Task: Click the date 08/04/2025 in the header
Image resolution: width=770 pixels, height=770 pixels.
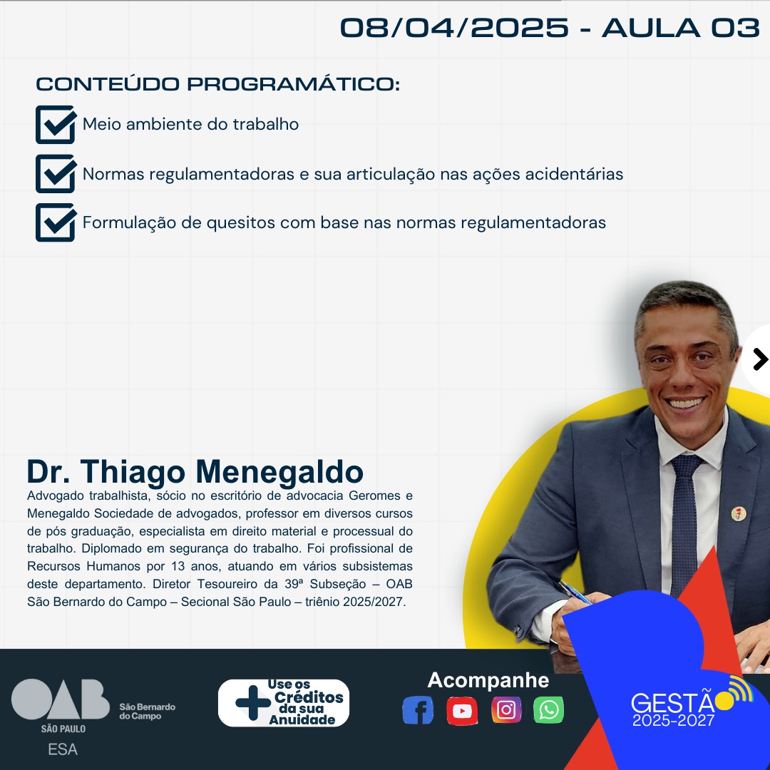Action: click(x=454, y=28)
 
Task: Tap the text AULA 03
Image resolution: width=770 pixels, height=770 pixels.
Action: click(x=681, y=28)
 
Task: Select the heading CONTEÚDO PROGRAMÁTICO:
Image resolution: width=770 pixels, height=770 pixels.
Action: click(x=218, y=84)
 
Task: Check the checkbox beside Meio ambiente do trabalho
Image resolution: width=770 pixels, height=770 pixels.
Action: click(x=56, y=125)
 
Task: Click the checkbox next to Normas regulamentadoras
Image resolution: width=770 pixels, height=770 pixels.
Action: click(x=56, y=174)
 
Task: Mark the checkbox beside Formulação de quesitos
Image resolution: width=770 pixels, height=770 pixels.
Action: click(x=56, y=222)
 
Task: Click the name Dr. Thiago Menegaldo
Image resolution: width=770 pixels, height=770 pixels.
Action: click(x=195, y=472)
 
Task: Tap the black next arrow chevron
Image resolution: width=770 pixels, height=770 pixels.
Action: click(x=760, y=359)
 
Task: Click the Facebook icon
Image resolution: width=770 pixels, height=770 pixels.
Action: click(x=417, y=710)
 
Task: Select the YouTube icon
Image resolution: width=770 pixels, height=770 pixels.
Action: click(x=462, y=711)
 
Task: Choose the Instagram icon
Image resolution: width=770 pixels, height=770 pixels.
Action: click(x=506, y=710)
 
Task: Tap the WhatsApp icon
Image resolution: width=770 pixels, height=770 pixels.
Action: click(x=548, y=710)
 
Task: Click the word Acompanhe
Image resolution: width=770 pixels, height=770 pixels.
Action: click(x=488, y=681)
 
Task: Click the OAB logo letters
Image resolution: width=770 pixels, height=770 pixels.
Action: click(x=61, y=699)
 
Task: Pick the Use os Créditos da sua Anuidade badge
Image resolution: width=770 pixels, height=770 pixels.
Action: click(x=283, y=703)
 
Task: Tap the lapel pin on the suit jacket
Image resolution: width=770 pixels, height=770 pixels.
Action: click(x=739, y=513)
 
